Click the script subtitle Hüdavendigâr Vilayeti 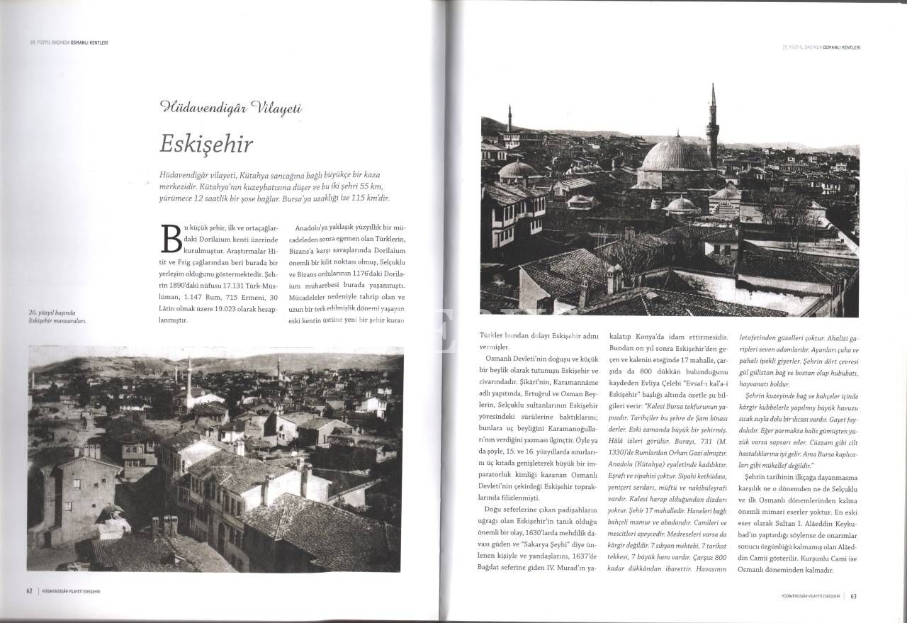[231, 108]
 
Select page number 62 [30, 590]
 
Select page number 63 [854, 595]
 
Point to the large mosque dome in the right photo [675, 155]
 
